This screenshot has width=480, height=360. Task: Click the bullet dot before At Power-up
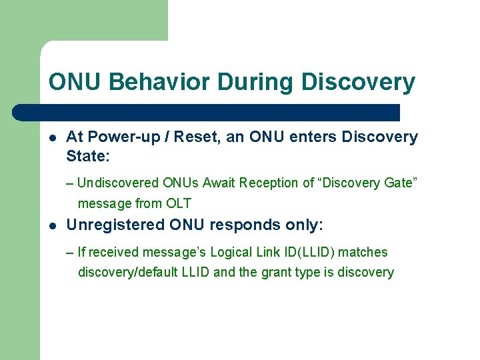52,139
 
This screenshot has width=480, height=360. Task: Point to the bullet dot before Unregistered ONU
52,227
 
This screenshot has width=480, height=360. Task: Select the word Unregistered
116,225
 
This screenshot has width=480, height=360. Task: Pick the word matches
363,252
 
